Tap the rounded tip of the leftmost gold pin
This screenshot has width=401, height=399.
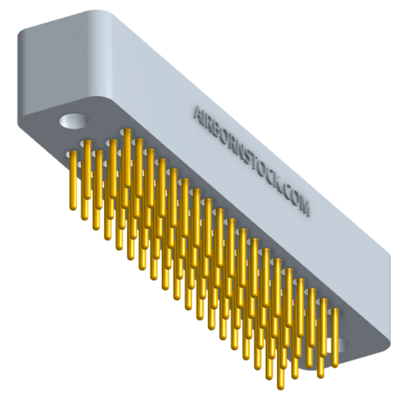point(73,207)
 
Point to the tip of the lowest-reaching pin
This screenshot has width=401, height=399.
point(281,386)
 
